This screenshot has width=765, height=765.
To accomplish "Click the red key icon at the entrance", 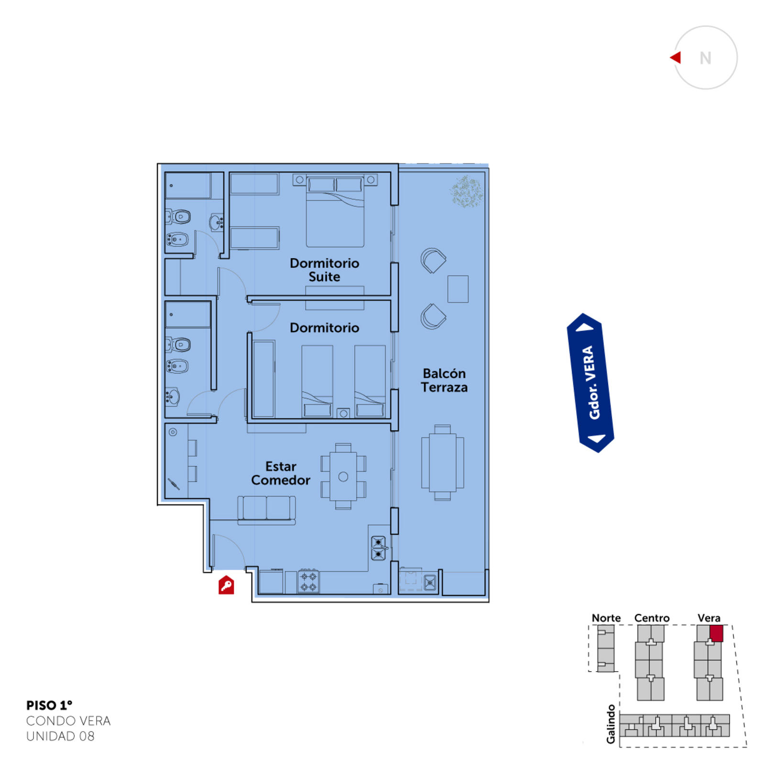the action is click(226, 585).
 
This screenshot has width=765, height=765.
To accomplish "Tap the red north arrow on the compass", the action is click(676, 57).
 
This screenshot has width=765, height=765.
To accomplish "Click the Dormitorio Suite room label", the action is click(324, 270).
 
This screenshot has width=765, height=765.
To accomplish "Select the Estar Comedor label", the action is click(281, 473).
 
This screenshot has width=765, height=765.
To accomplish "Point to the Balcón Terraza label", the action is click(444, 380).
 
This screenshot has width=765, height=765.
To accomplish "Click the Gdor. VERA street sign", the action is click(590, 382).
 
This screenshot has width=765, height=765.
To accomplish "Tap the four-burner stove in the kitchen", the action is click(308, 581).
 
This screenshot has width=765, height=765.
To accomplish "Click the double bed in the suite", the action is click(335, 211).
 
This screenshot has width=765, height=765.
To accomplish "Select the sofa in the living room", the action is click(266, 510).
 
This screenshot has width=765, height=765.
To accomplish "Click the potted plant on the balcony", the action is click(466, 191).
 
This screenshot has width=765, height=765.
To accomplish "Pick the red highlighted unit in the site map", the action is click(716, 633).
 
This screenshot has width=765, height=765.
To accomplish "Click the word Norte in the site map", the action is click(606, 618).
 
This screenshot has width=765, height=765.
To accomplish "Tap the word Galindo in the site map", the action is click(611, 724).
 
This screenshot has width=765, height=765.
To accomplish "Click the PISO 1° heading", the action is click(49, 705).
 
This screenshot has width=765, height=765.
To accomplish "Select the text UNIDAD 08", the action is click(60, 736).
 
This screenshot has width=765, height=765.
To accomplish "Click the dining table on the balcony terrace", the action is click(442, 462).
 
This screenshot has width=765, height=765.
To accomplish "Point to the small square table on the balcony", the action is click(458, 289).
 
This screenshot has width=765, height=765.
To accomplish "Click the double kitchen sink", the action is click(378, 548).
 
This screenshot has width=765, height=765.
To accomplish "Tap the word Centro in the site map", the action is click(652, 618).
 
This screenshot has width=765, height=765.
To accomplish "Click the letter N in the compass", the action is click(705, 58).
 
